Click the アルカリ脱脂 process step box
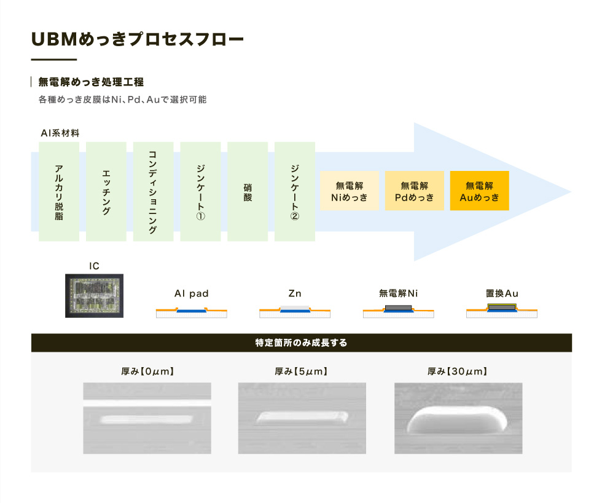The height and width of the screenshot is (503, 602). point(59,191)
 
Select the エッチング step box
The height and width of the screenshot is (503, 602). point(106,191)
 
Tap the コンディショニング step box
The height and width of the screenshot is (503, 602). point(153,191)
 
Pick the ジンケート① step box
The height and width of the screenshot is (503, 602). point(200,191)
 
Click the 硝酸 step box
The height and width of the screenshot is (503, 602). point(248,191)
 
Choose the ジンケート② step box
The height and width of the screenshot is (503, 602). point(295,191)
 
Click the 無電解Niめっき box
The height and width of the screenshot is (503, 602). point(350,191)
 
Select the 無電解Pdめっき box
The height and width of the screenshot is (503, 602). point(414,191)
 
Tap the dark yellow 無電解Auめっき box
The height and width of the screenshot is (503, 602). point(480,191)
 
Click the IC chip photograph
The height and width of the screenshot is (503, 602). point(94,296)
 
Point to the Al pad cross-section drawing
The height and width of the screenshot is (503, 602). point(192,312)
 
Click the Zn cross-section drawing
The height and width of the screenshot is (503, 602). point(295,312)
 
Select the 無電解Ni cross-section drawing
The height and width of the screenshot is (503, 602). point(399,311)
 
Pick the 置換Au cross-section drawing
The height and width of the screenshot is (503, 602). point(502,311)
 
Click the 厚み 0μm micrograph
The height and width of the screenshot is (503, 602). point(147,418)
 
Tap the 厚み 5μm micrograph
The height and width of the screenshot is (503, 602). point(302,418)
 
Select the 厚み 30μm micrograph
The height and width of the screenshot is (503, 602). point(458,418)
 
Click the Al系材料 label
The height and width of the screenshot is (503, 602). point(60,133)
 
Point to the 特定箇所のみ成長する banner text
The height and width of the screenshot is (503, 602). point(302,343)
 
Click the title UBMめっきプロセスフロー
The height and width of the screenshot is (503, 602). point(138,39)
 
